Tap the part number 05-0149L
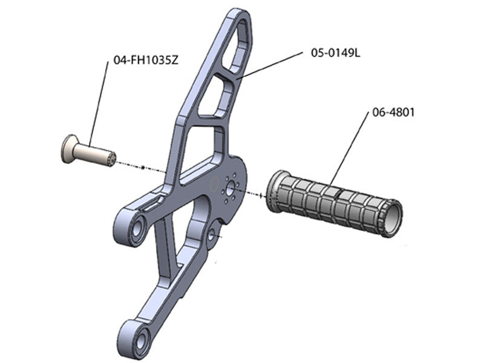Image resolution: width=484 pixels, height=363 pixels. pos(336,53)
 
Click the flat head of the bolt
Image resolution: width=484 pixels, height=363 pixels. pos(68,149)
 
